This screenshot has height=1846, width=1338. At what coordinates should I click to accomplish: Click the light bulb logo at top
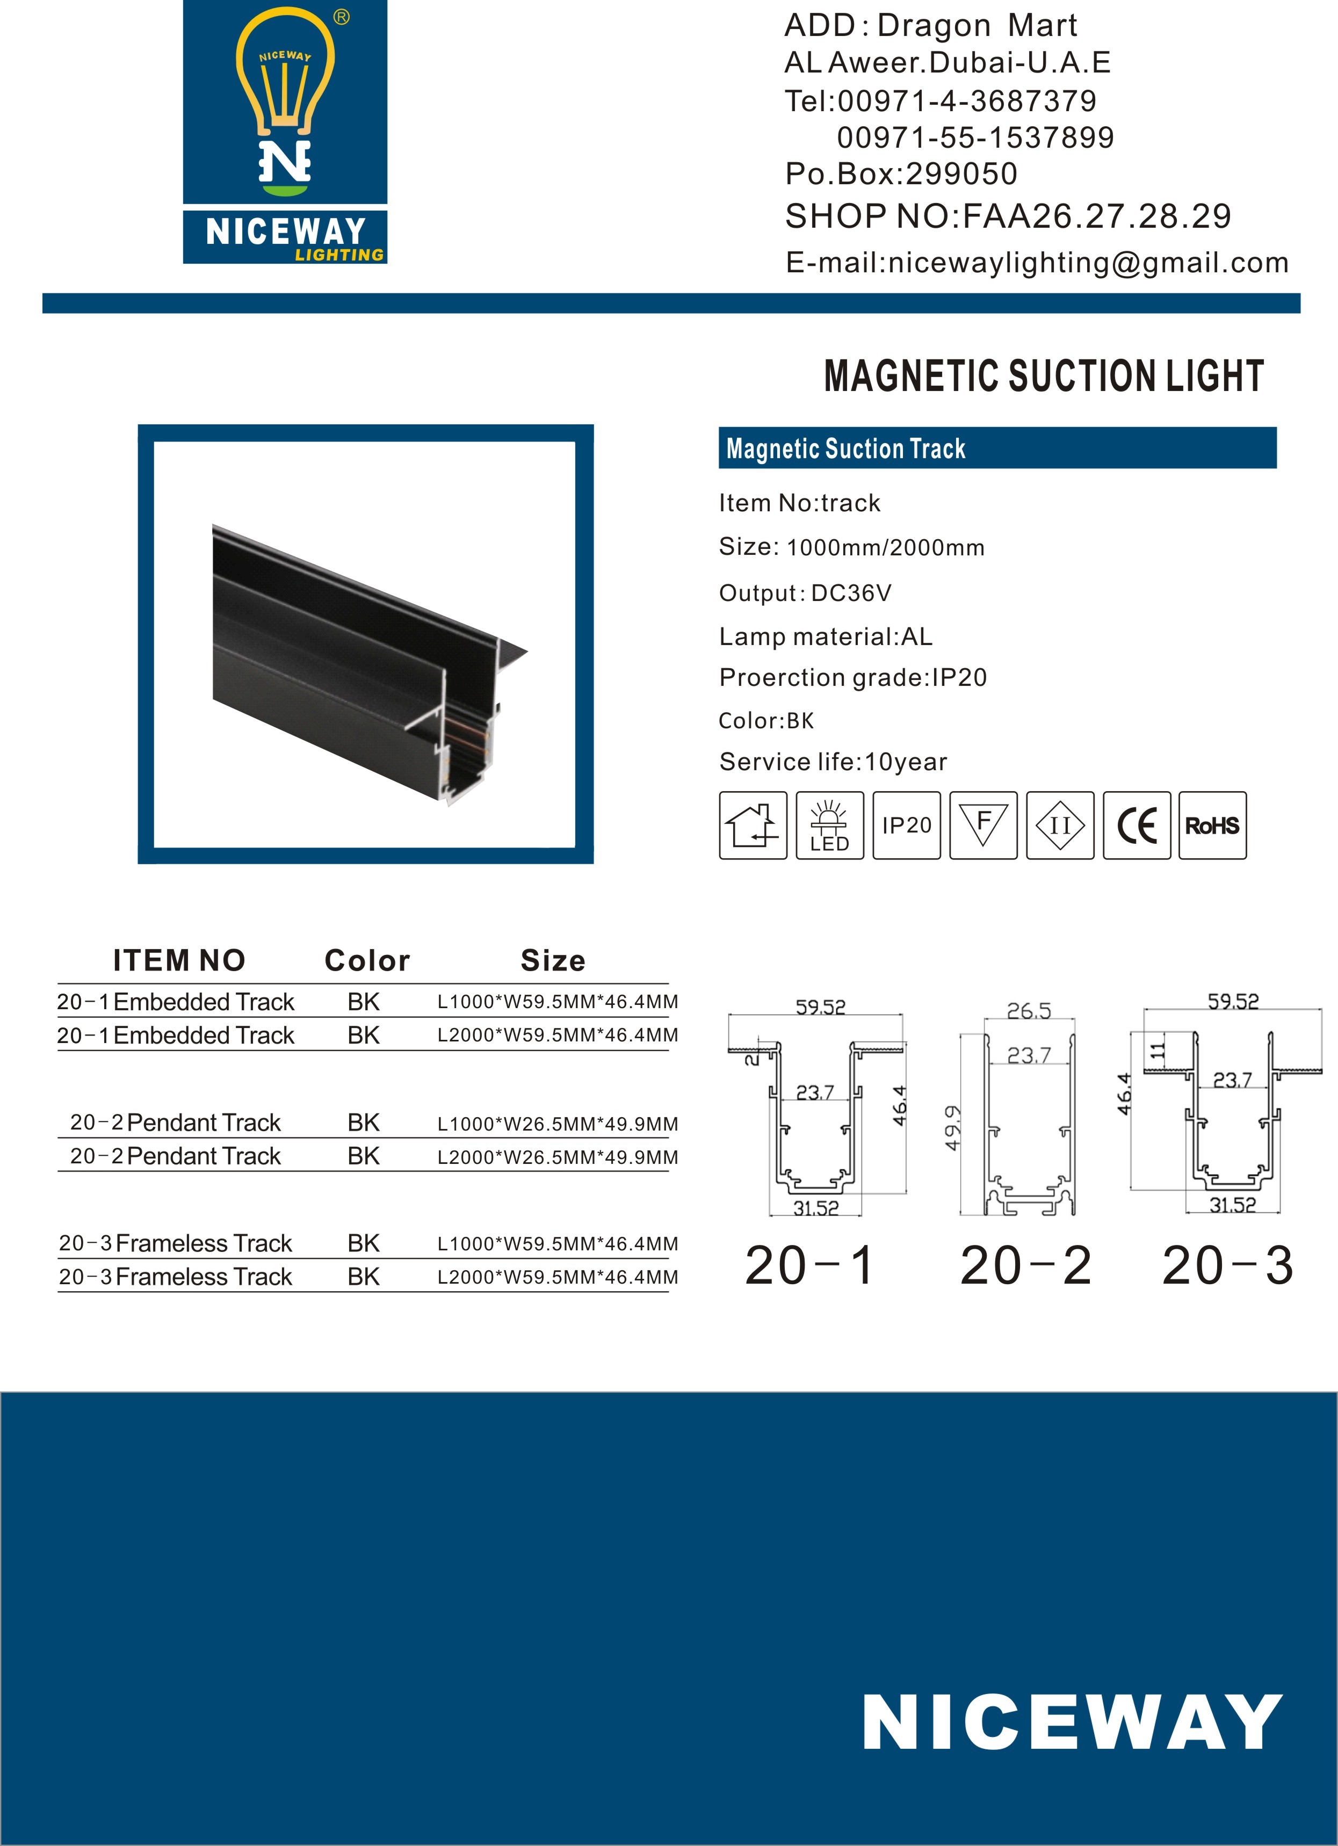[285, 102]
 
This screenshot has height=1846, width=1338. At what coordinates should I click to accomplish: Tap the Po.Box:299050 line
[901, 174]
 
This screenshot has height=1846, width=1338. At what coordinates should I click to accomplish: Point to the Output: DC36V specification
[805, 592]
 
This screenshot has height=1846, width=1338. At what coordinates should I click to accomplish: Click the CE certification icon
[1136, 826]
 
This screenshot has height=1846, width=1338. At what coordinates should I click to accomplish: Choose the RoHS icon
[1212, 826]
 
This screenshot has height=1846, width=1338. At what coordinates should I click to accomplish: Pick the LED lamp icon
[829, 826]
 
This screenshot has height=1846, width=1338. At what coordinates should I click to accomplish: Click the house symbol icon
[753, 826]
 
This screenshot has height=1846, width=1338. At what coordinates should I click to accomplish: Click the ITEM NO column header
[179, 960]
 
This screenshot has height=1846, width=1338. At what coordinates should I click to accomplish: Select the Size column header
[553, 960]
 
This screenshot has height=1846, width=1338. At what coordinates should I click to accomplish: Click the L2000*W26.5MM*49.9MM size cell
[558, 1156]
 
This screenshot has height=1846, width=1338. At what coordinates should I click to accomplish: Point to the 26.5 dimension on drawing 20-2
[1029, 1011]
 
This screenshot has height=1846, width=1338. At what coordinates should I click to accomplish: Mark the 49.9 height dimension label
[952, 1127]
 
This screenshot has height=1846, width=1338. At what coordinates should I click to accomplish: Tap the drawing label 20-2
[1025, 1265]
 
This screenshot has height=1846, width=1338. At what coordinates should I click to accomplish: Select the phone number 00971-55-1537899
[975, 137]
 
